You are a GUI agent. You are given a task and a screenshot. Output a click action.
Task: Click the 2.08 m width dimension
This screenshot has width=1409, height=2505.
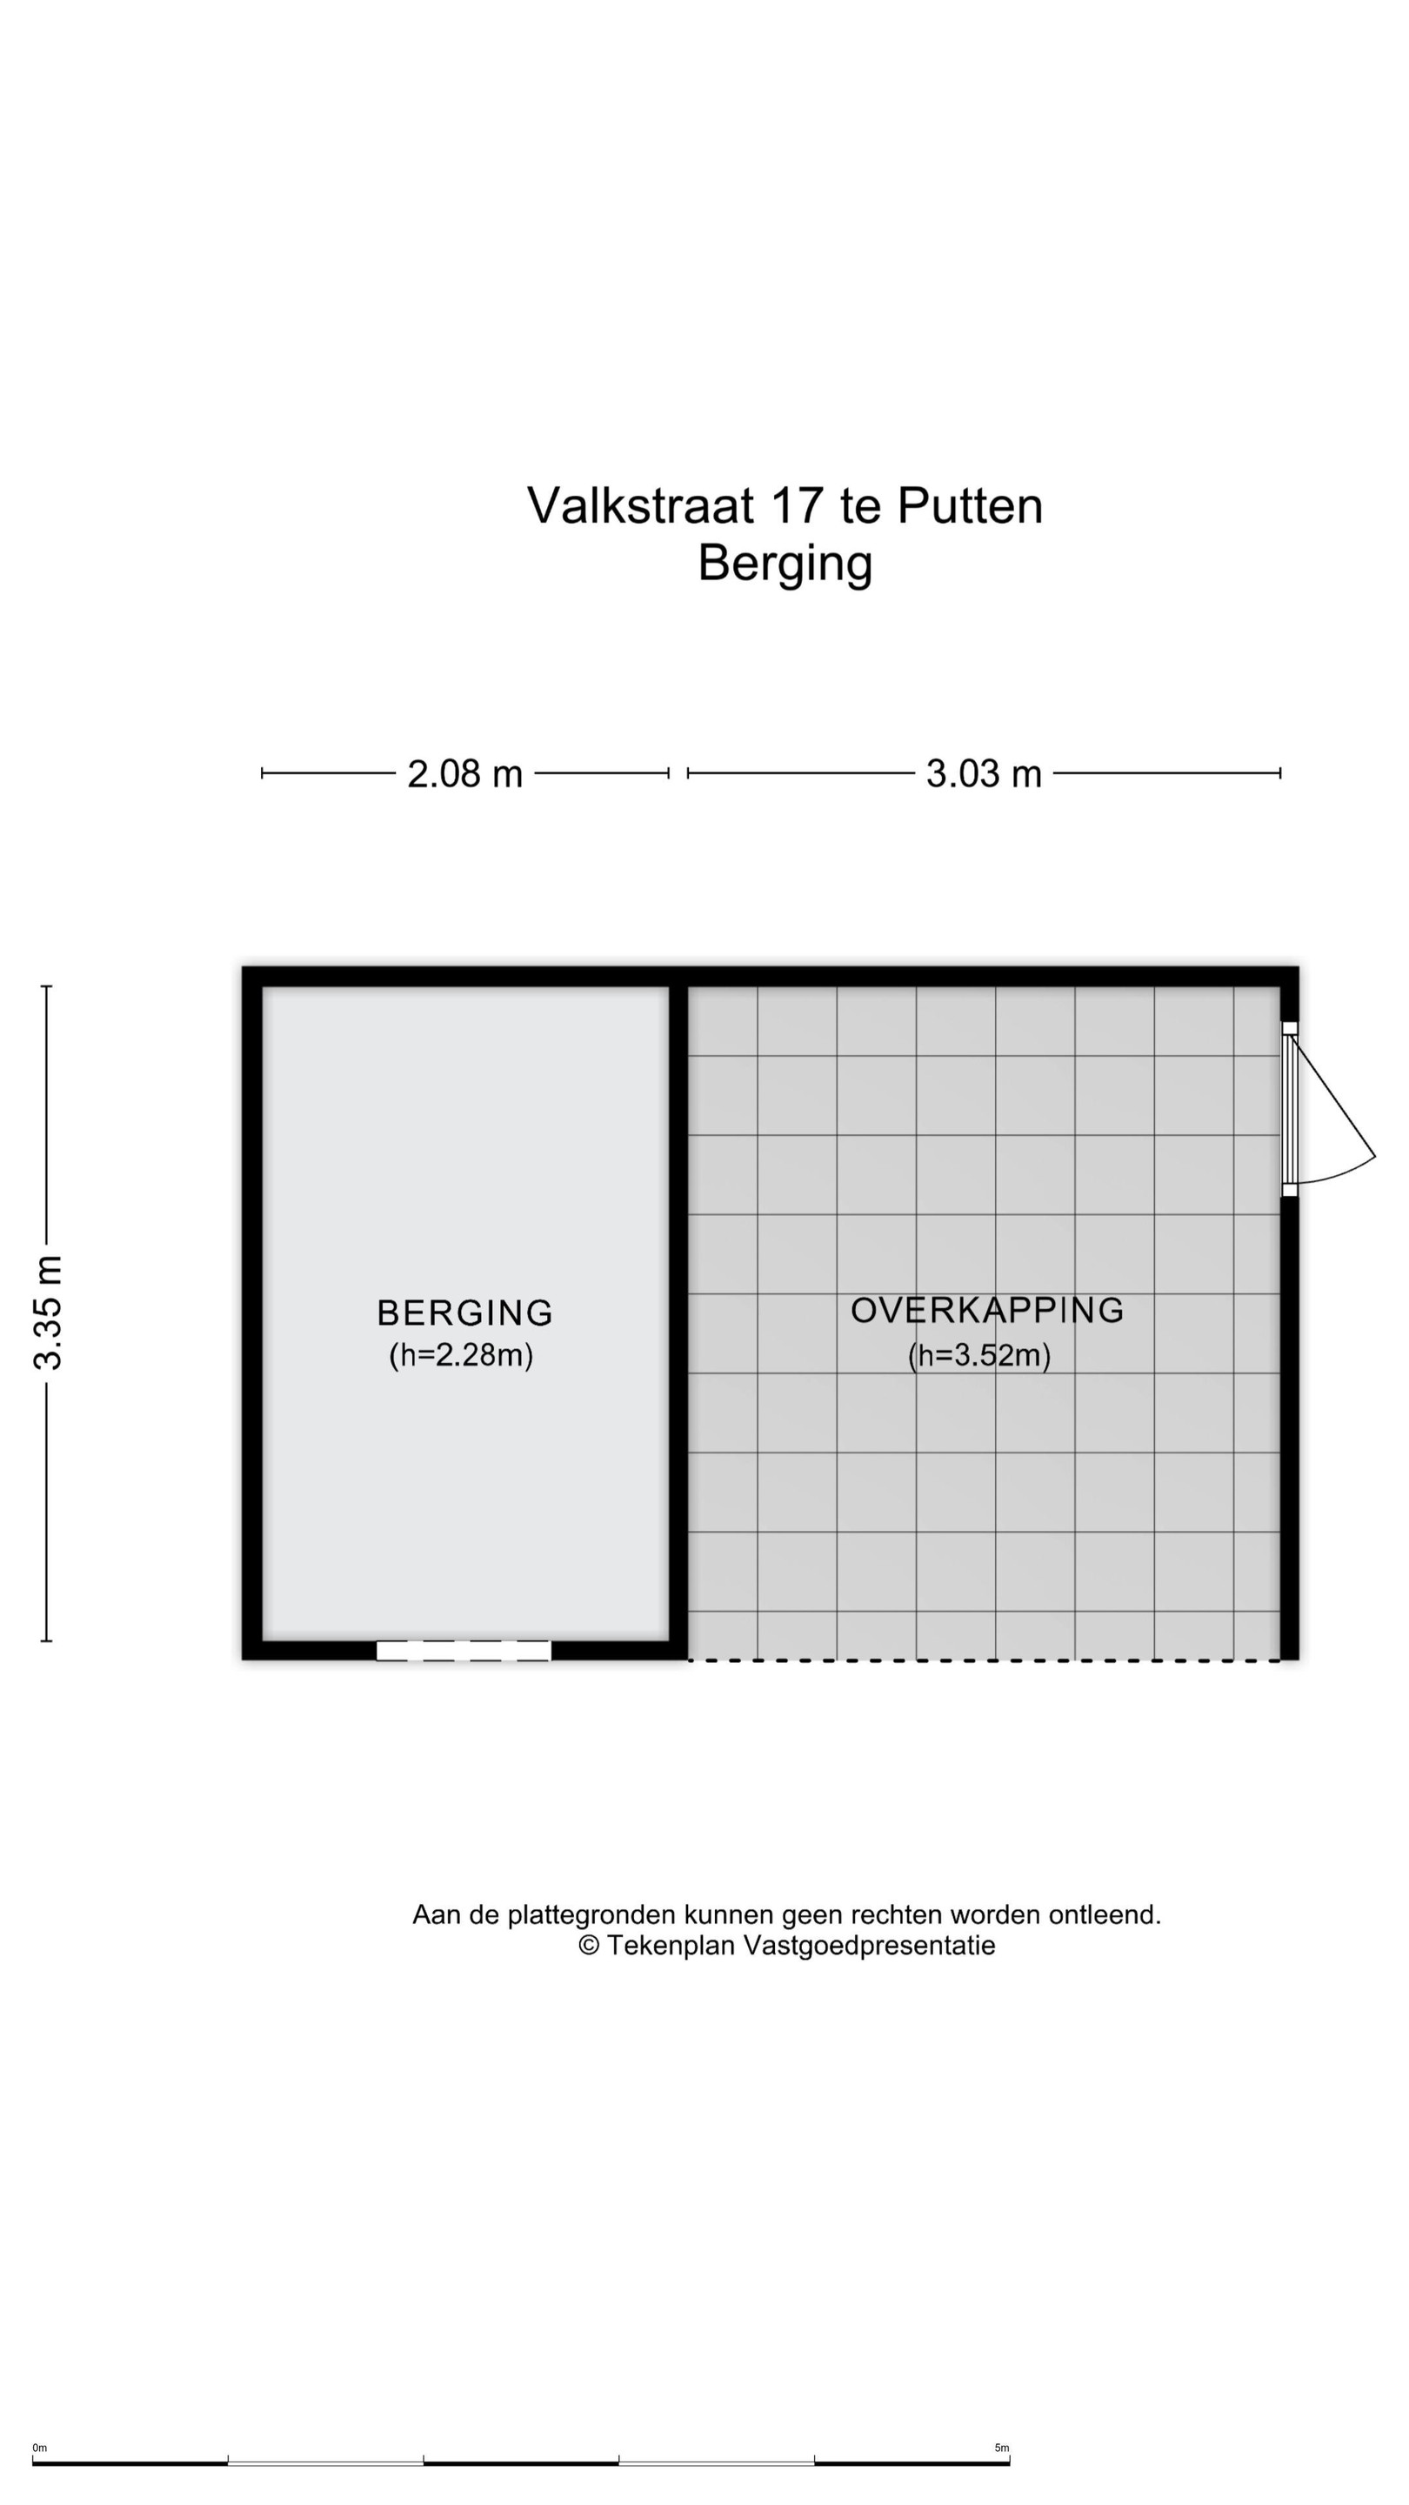tap(464, 774)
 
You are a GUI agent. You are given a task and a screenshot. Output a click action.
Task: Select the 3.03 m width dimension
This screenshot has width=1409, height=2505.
tap(984, 774)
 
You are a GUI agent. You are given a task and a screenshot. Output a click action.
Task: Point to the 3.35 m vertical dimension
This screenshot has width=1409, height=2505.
tap(47, 1313)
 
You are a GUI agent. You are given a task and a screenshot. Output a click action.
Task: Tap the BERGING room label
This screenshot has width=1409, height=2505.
tap(464, 1313)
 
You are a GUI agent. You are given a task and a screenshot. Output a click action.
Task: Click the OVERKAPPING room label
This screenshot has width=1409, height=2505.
tap(987, 1310)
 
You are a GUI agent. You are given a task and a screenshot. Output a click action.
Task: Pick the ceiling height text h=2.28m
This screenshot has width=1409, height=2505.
tap(461, 1354)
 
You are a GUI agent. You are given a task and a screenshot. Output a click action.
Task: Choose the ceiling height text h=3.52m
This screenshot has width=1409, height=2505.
tap(979, 1354)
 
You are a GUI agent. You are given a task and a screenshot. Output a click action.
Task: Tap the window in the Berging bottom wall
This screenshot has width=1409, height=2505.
tap(464, 1650)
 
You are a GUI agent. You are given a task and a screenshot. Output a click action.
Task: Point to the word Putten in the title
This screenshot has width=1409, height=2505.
tap(970, 505)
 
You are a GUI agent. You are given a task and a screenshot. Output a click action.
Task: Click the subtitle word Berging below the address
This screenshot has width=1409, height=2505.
tap(785, 563)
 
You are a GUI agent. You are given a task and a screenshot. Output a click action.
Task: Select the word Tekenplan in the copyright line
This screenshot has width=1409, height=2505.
tap(671, 1946)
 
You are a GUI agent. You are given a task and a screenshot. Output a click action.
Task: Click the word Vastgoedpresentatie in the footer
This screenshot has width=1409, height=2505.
tap(870, 1946)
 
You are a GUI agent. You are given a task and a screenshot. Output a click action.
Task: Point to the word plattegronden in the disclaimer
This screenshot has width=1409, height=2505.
tap(591, 1915)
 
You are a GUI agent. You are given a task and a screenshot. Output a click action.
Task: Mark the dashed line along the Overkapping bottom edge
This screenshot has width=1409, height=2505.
tap(984, 1660)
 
